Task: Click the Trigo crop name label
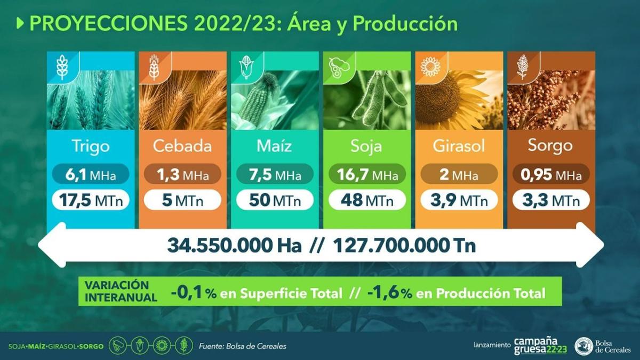point(91,146)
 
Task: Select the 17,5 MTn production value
point(91,200)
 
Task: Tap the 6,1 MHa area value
point(91,174)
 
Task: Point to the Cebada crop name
point(182,146)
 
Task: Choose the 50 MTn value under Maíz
point(275,200)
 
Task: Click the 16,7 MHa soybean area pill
point(367,174)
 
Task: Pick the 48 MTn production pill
point(367,200)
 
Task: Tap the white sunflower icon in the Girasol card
point(430,67)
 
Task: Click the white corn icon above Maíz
point(246,67)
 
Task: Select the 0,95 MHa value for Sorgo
point(551,174)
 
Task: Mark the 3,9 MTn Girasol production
point(459,200)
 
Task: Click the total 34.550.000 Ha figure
point(234,245)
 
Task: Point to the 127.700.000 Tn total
point(404,245)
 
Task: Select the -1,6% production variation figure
point(389,293)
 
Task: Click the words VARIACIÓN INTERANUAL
point(121,291)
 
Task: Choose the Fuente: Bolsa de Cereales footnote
point(243,346)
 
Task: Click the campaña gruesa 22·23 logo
point(541,346)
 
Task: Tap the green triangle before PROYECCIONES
point(20,23)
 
